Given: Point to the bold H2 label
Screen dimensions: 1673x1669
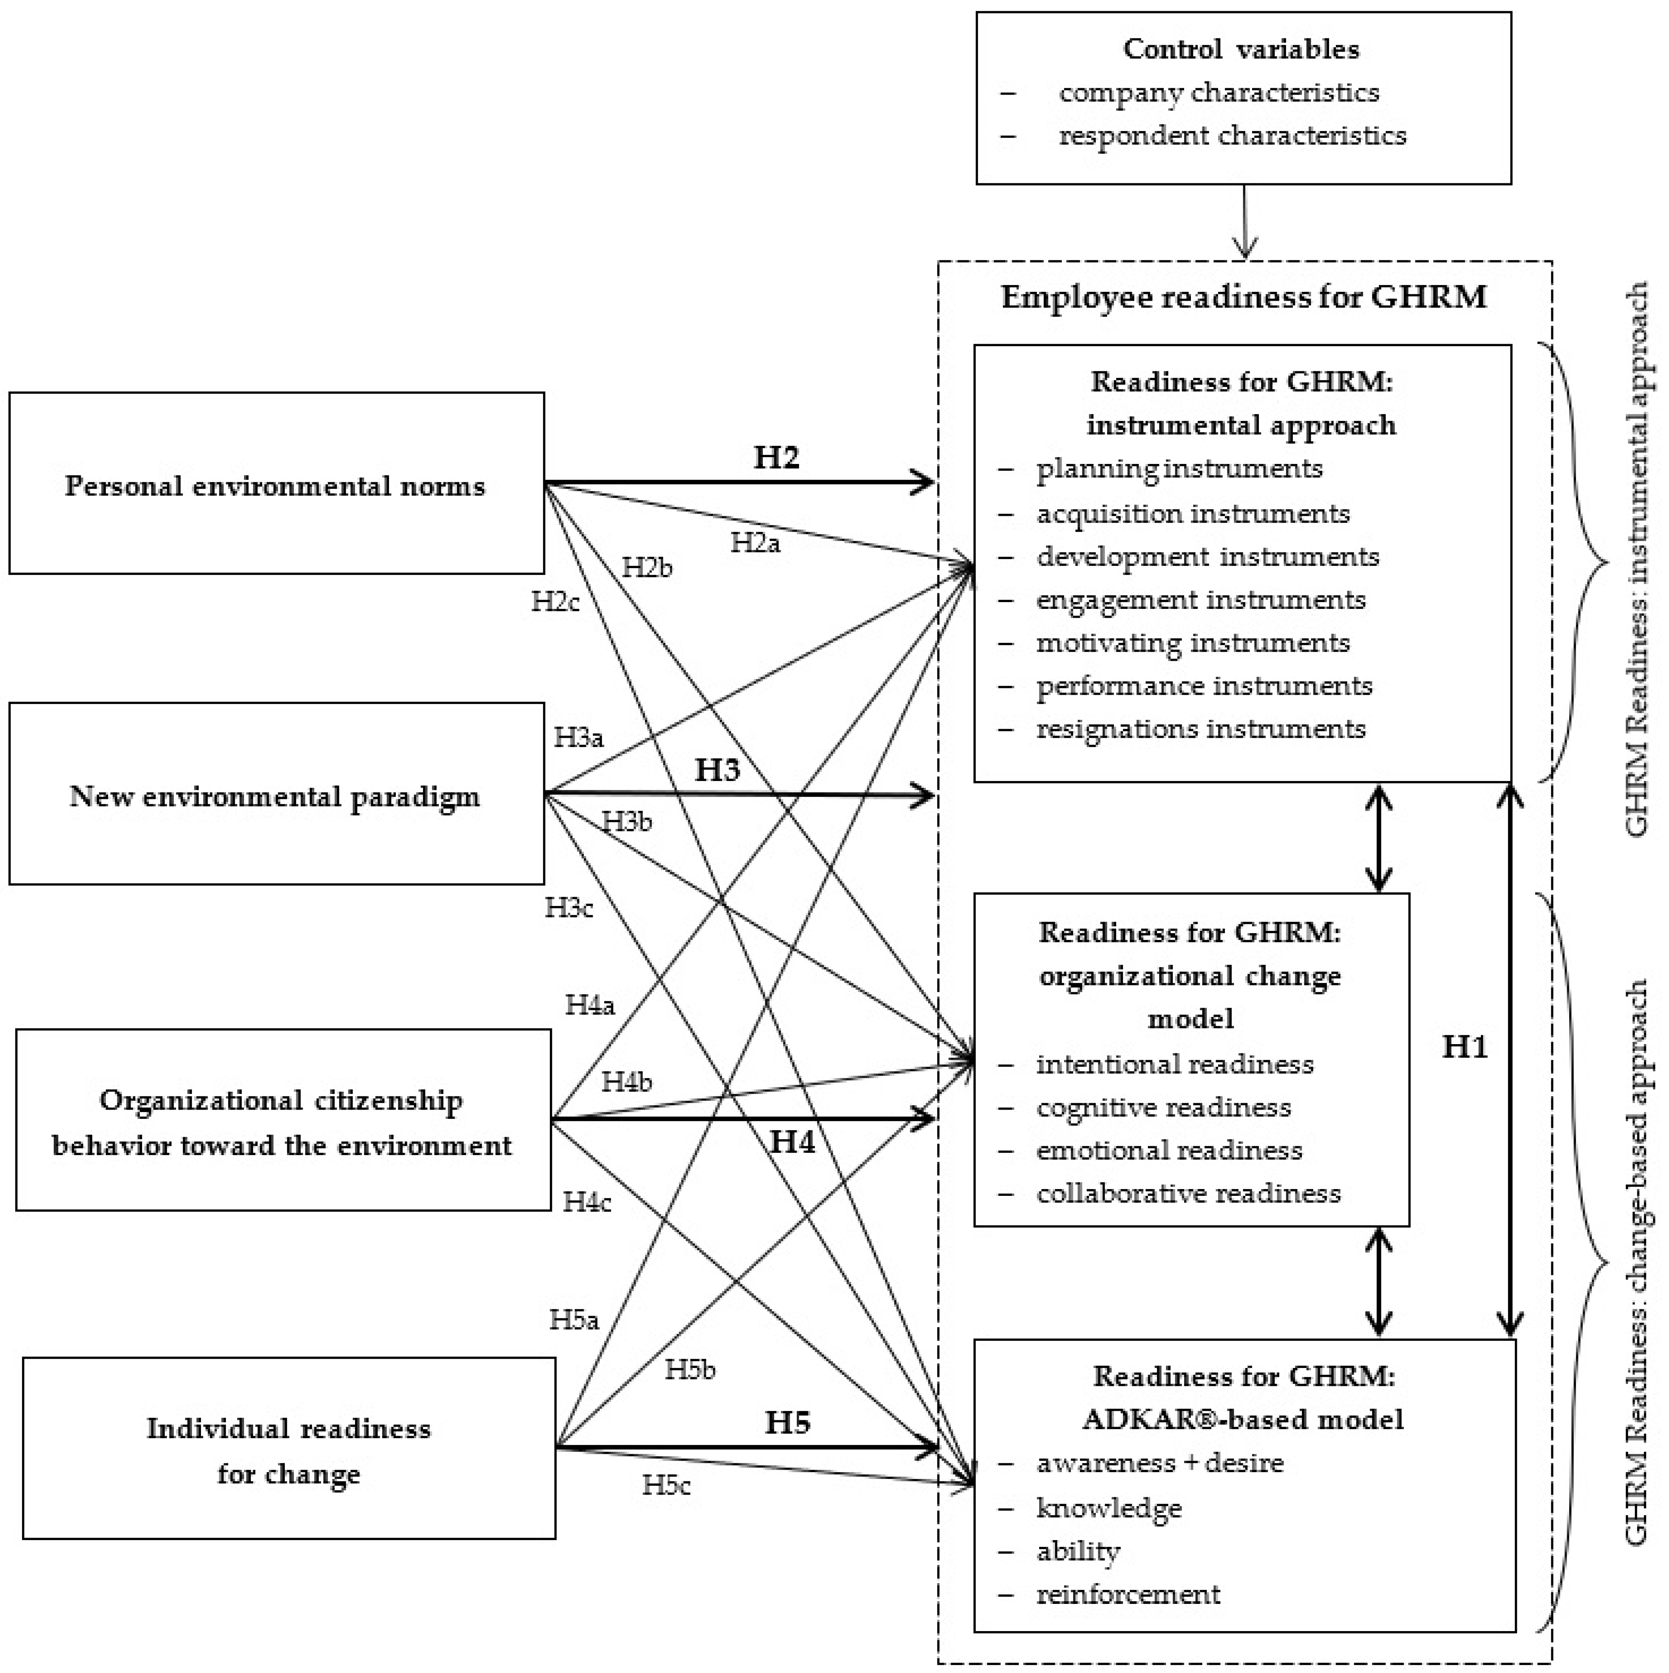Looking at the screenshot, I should [x=775, y=456].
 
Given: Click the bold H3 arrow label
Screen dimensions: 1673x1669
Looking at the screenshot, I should [x=717, y=769].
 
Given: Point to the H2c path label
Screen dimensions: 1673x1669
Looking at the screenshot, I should [x=555, y=601].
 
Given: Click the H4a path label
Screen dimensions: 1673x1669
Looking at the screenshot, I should [x=590, y=1005].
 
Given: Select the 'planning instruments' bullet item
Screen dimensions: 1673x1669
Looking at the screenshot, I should [x=1179, y=468].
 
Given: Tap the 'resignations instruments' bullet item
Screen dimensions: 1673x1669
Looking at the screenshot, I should [x=1201, y=728].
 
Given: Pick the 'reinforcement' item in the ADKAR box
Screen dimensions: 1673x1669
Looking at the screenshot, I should [x=1128, y=1593].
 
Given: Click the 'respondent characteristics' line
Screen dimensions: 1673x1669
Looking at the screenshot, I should [x=1232, y=135].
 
